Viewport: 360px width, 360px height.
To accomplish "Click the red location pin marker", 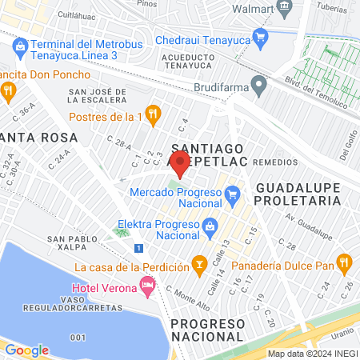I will pyautogui.click(x=180, y=164).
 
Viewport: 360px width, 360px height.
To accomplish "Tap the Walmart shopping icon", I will pyautogui.click(x=283, y=8).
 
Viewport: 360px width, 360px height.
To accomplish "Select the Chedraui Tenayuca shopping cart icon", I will pyautogui.click(x=259, y=36).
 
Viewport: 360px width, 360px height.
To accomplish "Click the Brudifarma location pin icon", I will pyautogui.click(x=258, y=83).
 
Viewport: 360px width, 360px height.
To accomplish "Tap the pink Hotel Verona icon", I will pyautogui.click(x=147, y=284).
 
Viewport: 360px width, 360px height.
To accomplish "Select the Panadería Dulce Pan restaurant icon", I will pyautogui.click(x=345, y=262).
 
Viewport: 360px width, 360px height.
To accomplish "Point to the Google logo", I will pyautogui.click(x=26, y=350).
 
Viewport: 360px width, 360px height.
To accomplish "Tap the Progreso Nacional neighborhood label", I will pyautogui.click(x=206, y=329).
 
